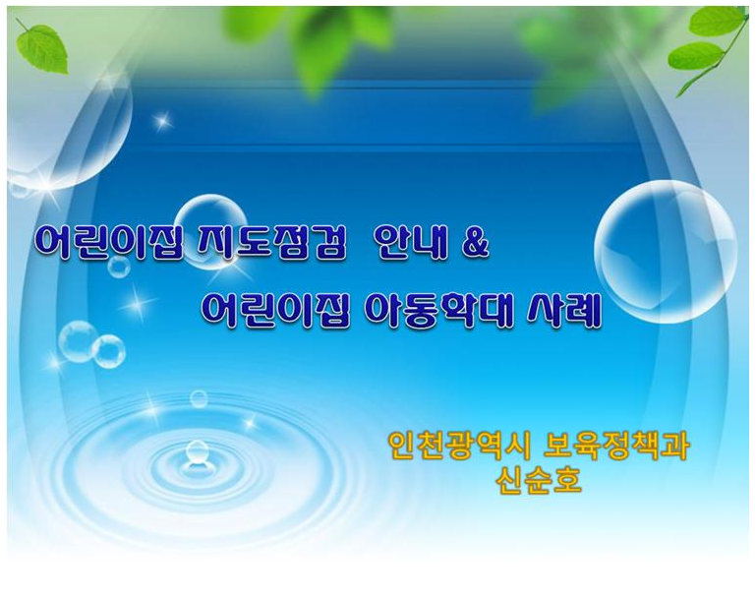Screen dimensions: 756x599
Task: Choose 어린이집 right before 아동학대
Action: click(x=274, y=311)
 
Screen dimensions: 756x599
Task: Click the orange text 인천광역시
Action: click(x=460, y=447)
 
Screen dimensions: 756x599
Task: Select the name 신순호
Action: click(x=539, y=480)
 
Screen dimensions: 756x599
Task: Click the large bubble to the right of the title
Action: click(x=666, y=251)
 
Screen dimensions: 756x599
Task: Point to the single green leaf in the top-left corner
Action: click(x=42, y=48)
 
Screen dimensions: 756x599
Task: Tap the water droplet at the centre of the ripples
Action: click(x=197, y=453)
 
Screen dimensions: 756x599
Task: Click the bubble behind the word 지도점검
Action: click(x=210, y=231)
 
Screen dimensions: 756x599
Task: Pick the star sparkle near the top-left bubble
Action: click(x=162, y=120)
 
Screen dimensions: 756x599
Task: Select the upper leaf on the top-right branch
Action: click(x=718, y=22)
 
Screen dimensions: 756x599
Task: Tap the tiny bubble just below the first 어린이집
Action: click(x=119, y=267)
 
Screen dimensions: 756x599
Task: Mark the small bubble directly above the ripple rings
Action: click(x=199, y=399)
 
